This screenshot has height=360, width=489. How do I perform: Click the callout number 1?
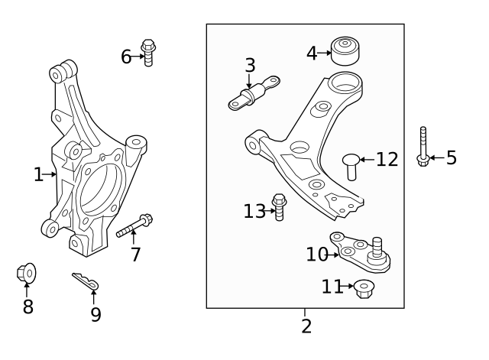pyautogui.click(x=38, y=175)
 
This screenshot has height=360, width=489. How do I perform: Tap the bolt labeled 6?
pyautogui.click(x=149, y=52)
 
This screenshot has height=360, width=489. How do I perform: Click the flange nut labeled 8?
pyautogui.click(x=26, y=273)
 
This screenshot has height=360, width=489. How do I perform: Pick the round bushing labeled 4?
pyautogui.click(x=347, y=50)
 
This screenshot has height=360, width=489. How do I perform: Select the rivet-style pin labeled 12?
pyautogui.click(x=350, y=165)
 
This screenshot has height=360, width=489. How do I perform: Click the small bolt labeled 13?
pyautogui.click(x=279, y=207)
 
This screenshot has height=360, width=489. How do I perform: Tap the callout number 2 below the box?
pyautogui.click(x=306, y=326)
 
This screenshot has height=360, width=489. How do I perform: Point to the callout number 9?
pyautogui.click(x=96, y=314)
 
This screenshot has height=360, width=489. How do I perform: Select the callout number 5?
pyautogui.click(x=451, y=158)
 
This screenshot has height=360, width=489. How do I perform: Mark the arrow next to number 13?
pyautogui.click(x=269, y=210)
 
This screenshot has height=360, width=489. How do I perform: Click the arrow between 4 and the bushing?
pyautogui.click(x=324, y=54)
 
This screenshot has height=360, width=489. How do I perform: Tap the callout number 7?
pyautogui.click(x=135, y=255)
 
